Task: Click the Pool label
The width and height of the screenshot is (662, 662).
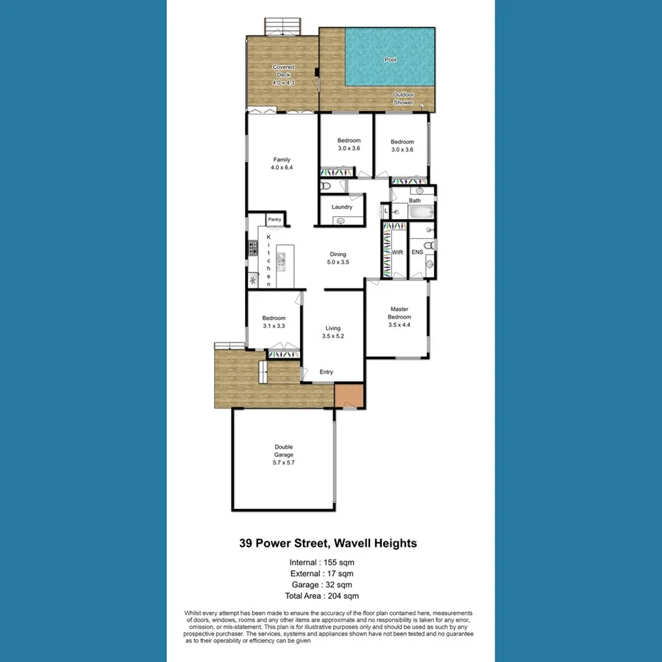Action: click(390, 60)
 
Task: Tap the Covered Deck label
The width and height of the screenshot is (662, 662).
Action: click(283, 75)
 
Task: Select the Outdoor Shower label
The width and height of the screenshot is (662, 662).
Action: click(403, 99)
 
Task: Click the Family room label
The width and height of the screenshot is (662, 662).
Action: click(282, 163)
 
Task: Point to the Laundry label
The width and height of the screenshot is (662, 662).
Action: click(342, 207)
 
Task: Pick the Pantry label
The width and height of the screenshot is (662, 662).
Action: click(274, 219)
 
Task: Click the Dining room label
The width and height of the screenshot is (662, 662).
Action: click(338, 258)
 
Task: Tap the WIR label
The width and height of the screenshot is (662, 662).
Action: click(397, 252)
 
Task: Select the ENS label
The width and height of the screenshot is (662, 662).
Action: click(417, 252)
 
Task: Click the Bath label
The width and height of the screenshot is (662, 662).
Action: click(415, 201)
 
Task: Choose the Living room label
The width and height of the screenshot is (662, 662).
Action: click(333, 332)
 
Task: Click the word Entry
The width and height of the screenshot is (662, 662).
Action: click(327, 372)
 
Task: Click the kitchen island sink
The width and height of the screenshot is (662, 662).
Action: click(280, 259)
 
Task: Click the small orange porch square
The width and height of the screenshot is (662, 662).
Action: click(349, 396)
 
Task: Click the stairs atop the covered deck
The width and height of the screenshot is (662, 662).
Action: click(283, 26)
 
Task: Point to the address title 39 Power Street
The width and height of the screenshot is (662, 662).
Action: click(328, 544)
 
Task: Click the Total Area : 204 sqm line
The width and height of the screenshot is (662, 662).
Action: click(324, 596)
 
